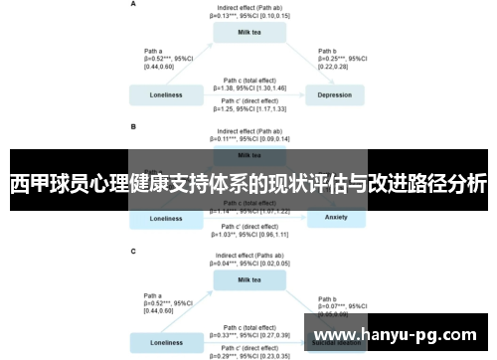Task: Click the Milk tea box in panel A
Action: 249,32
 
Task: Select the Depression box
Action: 334,95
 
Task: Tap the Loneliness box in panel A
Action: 165,95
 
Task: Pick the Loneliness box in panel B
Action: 165,218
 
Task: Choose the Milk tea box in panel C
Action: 249,279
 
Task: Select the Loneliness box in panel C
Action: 165,342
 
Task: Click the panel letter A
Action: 133,5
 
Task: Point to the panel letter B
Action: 133,127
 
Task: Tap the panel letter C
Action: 133,253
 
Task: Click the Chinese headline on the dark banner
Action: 248,184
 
